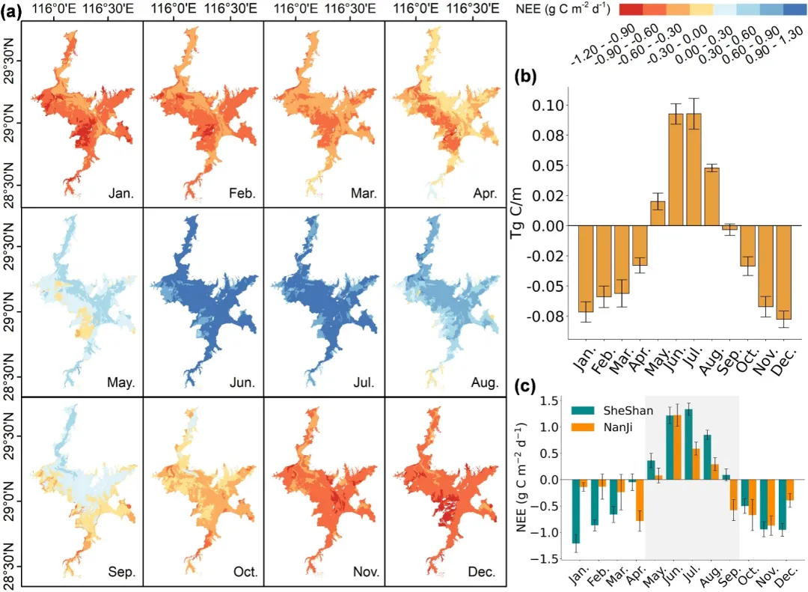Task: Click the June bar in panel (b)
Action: click(676, 170)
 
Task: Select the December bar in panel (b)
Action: click(783, 272)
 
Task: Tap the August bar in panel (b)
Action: click(711, 197)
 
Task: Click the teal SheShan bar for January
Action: click(576, 512)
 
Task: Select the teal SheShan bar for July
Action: click(688, 445)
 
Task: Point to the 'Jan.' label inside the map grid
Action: click(121, 194)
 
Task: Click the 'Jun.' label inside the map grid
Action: click(242, 383)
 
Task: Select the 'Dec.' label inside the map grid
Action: click(482, 572)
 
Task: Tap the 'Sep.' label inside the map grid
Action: click(122, 572)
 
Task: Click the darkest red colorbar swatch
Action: click(631, 9)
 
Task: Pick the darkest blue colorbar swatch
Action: click(795, 9)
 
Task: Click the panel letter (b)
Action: click(526, 76)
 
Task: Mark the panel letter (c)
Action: click(526, 386)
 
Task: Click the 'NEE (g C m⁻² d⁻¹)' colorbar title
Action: click(563, 9)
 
